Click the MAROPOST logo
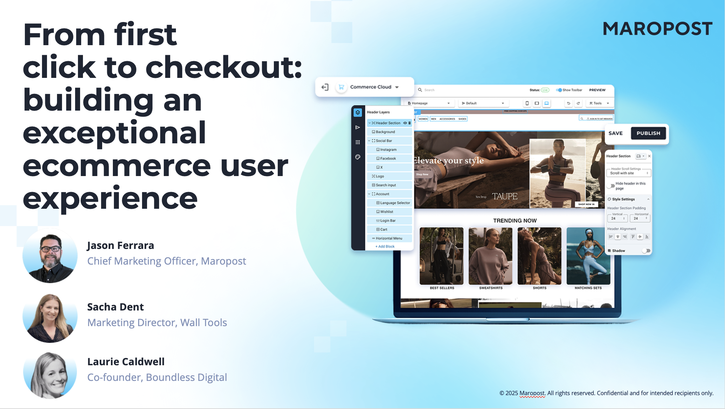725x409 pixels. (657, 29)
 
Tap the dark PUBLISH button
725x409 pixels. (648, 133)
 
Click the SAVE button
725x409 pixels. (615, 133)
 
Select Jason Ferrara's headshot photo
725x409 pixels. (50, 255)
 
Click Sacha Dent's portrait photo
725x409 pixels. (50, 318)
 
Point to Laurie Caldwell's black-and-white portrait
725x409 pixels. (50, 375)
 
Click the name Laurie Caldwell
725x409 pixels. (126, 362)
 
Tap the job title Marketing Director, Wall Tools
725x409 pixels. (157, 323)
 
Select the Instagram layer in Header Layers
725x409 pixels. (388, 150)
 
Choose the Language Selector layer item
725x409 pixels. (395, 203)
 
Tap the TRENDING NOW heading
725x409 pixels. (515, 221)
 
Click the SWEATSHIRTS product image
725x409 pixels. (490, 256)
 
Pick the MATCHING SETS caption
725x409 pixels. (588, 288)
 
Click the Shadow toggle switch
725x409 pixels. (646, 251)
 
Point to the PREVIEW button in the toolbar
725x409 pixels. (597, 90)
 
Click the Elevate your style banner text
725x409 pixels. (449, 161)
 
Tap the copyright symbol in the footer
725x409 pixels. (502, 393)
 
